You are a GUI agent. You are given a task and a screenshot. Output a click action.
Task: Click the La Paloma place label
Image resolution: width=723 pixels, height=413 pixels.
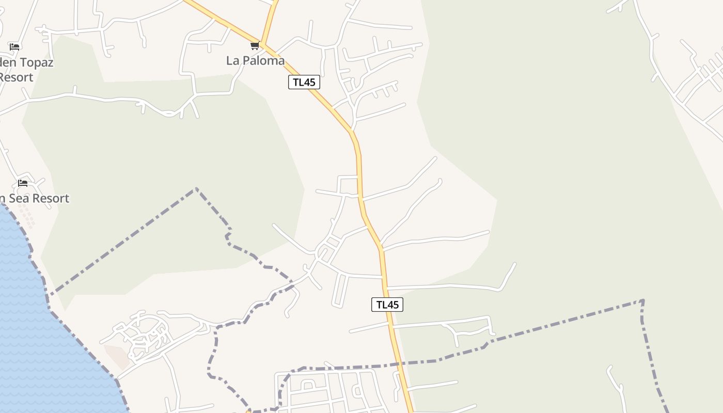click(255, 60)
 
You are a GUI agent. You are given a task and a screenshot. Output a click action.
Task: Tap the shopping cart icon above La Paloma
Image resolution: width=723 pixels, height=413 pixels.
click(255, 46)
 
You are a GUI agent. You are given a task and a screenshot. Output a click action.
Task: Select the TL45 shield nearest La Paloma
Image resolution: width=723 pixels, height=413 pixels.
click(304, 82)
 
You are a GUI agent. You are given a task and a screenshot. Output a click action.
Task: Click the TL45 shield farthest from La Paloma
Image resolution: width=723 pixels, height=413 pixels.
click(387, 305)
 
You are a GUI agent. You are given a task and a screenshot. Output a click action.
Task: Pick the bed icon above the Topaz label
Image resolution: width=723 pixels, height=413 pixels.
click(14, 47)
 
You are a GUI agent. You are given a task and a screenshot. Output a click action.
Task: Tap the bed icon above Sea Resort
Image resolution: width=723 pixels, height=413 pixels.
click(23, 183)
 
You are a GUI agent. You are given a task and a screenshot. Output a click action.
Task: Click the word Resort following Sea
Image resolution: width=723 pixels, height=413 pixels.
click(50, 198)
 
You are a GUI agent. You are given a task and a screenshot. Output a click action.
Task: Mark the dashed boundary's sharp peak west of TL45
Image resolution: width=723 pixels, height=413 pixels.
click(196, 189)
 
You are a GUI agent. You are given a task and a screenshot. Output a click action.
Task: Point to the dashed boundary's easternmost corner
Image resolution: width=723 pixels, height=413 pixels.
click(642, 300)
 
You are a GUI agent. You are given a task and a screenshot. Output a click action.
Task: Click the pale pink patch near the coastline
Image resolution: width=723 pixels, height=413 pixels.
click(117, 356)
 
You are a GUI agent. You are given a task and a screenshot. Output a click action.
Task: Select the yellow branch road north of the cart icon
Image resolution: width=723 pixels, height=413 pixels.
click(270, 21)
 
